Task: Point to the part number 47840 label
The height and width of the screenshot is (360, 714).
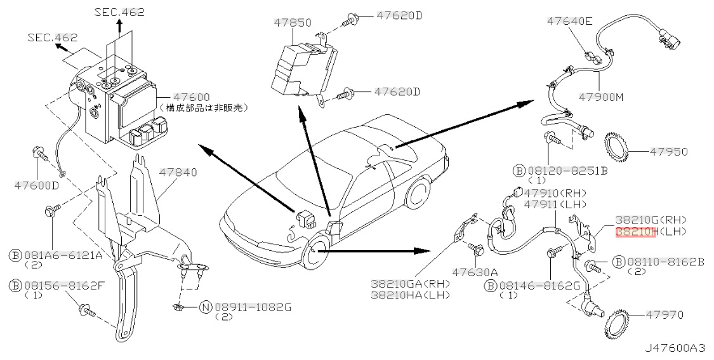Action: [x=178, y=172]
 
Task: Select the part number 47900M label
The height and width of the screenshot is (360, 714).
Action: [x=601, y=97]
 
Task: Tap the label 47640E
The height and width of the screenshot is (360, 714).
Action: [x=570, y=22]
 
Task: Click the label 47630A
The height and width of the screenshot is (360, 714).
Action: [x=475, y=272]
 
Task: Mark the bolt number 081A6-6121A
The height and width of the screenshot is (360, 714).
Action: [x=63, y=255]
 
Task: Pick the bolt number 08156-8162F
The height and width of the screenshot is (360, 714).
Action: [x=63, y=286]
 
